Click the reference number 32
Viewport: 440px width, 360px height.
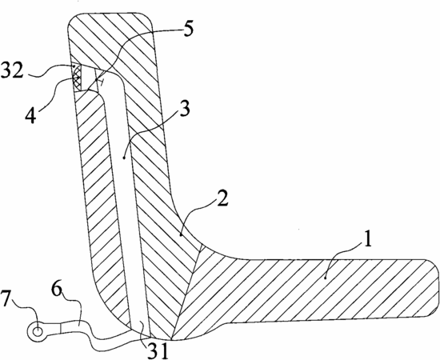tap(12, 70)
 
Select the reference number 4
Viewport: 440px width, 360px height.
tap(30, 116)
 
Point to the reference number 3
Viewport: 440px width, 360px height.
tap(184, 108)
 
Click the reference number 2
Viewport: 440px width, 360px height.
tap(222, 198)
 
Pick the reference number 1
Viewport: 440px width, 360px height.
tap(367, 238)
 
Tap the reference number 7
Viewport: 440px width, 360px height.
tap(6, 299)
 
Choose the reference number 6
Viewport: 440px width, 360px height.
tap(57, 290)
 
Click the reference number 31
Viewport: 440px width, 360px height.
tap(158, 350)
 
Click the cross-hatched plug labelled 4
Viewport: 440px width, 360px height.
tap(77, 76)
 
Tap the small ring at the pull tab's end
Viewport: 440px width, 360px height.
tap(37, 332)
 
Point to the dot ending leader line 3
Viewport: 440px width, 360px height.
tap(124, 158)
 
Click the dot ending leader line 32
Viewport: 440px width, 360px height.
tap(74, 66)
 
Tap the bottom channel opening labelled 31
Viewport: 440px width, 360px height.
tap(140, 329)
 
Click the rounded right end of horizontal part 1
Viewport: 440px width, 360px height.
tap(434, 288)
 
